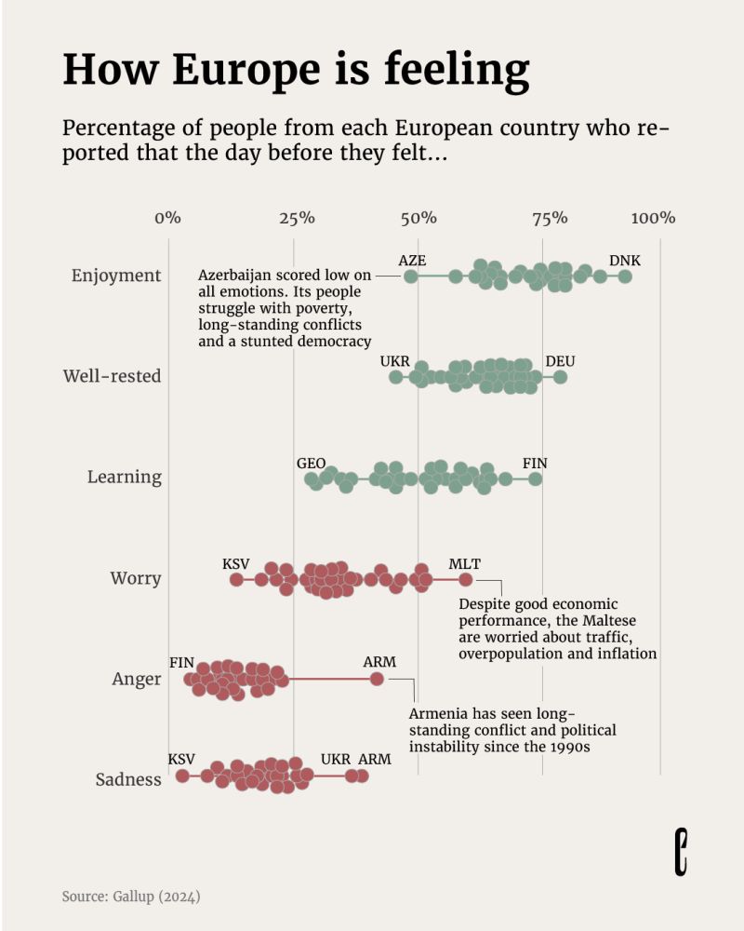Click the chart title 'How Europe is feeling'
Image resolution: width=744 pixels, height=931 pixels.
(296, 71)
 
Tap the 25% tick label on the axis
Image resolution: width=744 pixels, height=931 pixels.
(295, 218)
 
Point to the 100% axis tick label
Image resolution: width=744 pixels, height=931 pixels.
(653, 218)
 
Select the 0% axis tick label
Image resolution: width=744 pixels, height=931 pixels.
(167, 218)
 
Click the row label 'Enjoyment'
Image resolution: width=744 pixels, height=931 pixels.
(116, 276)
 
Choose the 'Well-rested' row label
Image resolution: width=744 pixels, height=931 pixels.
(112, 376)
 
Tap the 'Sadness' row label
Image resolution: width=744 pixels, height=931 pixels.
(128, 779)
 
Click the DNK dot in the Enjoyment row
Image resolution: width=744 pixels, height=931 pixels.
(625, 277)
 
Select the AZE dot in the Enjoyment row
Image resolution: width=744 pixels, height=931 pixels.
(411, 277)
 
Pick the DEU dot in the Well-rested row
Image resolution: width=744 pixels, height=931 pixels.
(560, 377)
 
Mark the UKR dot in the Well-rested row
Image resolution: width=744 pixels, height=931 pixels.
(396, 377)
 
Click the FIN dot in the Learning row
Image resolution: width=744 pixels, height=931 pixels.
(535, 479)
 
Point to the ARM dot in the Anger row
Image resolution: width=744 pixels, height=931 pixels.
(377, 680)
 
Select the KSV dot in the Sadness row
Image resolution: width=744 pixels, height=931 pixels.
(182, 776)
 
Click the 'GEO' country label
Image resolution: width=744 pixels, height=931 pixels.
(311, 463)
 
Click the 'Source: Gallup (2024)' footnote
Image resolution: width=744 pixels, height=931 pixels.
(131, 897)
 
